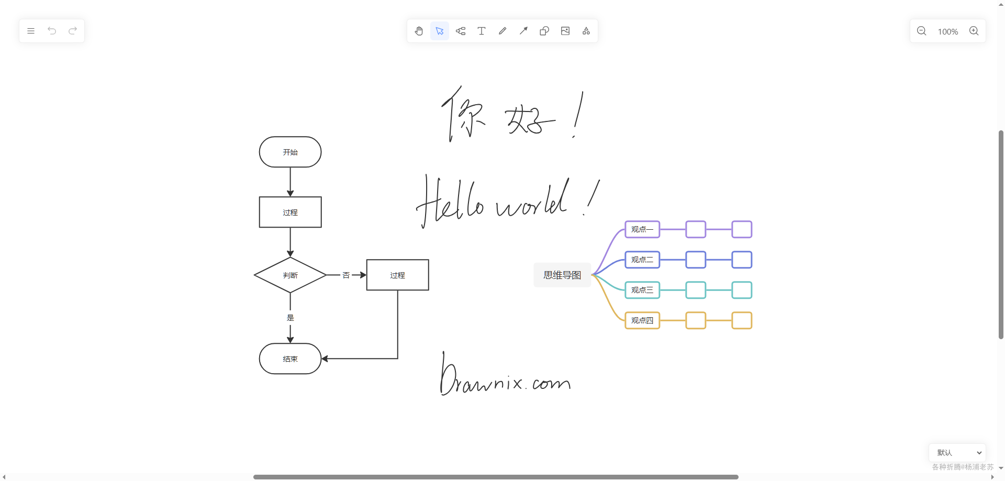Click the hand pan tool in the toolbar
(419, 31)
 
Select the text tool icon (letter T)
(482, 31)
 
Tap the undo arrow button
(52, 31)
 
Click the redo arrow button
(73, 31)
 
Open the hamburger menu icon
(31, 31)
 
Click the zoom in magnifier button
(974, 31)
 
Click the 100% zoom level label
(947, 31)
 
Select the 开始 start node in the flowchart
(290, 152)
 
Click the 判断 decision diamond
(290, 275)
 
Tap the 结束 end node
(290, 359)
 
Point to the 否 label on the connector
(346, 275)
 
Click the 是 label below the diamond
(290, 318)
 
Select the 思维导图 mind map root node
(562, 275)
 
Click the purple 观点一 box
(642, 229)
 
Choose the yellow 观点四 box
(642, 320)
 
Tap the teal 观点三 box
(642, 290)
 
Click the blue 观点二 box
(642, 260)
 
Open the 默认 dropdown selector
(957, 453)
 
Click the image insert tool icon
(565, 31)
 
